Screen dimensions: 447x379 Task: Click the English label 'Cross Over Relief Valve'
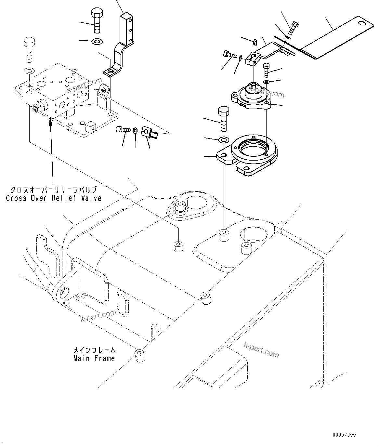coord(54,198)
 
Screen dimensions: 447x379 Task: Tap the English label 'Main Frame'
coord(94,358)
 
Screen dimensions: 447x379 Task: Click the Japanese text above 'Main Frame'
coord(94,350)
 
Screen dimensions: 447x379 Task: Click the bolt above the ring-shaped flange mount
coord(223,118)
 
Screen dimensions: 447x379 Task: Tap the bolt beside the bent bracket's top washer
coord(97,21)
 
